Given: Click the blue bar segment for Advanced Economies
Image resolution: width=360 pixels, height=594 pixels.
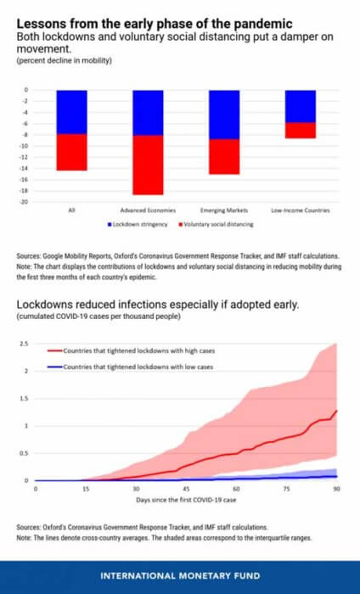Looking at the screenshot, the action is point(148,113).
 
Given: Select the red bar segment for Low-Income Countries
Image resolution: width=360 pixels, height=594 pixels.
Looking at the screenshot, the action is point(301,131).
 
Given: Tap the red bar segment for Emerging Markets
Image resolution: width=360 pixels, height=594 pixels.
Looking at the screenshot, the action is point(224,157).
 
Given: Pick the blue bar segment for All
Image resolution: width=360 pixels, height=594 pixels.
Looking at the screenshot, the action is point(72,112).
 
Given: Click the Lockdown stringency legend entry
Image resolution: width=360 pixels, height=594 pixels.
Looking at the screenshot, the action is point(138,224).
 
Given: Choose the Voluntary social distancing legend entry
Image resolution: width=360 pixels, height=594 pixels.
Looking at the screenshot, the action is point(216,224).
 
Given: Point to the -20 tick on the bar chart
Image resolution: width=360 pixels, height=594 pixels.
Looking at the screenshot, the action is point(25,202).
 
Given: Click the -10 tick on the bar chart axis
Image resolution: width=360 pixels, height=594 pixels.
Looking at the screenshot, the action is point(25,146).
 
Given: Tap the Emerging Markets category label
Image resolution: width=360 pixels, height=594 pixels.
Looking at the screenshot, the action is point(224,210).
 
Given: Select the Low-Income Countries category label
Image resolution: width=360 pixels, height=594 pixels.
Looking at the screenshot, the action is point(301,210).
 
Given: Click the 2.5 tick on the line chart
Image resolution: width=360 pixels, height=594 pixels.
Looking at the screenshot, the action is point(25,344).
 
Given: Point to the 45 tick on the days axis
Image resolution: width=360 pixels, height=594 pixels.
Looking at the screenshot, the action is point(186,489).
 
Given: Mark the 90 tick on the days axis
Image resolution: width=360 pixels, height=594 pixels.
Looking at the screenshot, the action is point(336,489).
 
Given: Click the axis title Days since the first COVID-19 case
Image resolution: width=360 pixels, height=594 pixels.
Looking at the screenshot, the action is point(186,500).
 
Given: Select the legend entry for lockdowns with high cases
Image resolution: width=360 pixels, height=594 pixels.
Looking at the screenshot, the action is point(131,350).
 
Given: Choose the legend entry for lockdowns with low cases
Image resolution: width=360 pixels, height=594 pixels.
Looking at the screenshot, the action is point(131,367).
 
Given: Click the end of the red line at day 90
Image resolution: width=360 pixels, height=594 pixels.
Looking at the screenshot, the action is point(336,411).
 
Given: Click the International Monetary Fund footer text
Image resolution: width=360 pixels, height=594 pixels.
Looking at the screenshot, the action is point(180,576).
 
